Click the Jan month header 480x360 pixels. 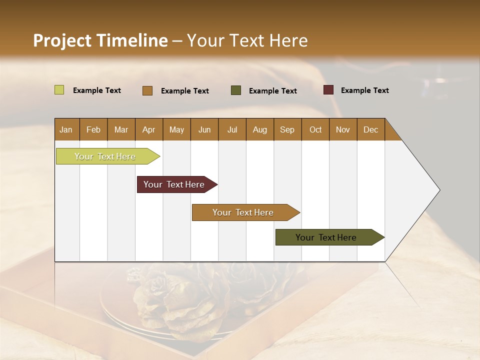pos(66,129)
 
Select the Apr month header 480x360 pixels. pos(148,129)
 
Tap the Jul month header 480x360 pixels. pos(232,129)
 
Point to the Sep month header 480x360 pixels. pos(287,129)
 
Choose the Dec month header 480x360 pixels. pos(370,129)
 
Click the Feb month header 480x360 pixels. pos(93,129)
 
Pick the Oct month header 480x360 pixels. pos(315,129)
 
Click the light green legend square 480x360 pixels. pos(59,90)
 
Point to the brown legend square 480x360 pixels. pos(147,90)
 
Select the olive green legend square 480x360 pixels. pos(236,90)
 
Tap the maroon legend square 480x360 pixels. pos(328,90)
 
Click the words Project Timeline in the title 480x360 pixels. pos(100,40)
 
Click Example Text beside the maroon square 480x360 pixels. pos(364,90)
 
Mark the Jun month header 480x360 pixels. pos(204,129)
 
